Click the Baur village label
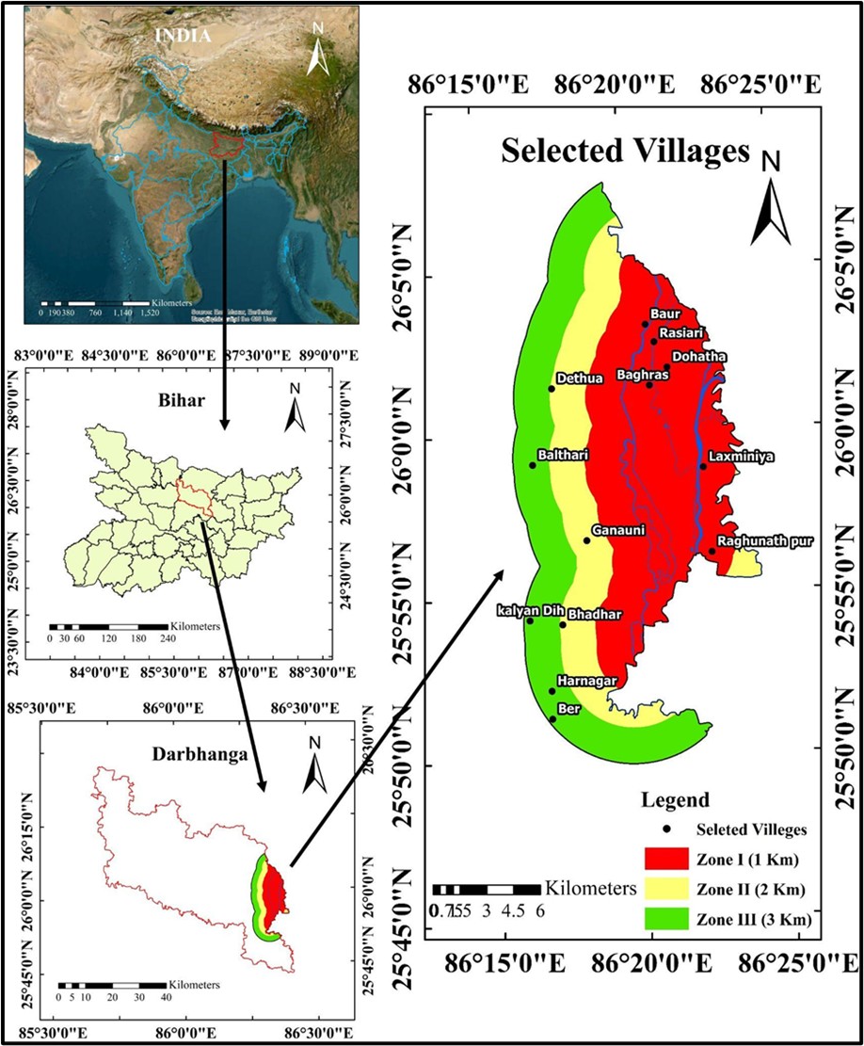click(x=663, y=313)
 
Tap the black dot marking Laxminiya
click(x=702, y=466)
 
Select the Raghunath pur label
click(x=763, y=541)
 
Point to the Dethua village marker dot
click(x=552, y=388)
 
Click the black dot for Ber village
click(x=552, y=719)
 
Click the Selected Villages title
click(x=624, y=151)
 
